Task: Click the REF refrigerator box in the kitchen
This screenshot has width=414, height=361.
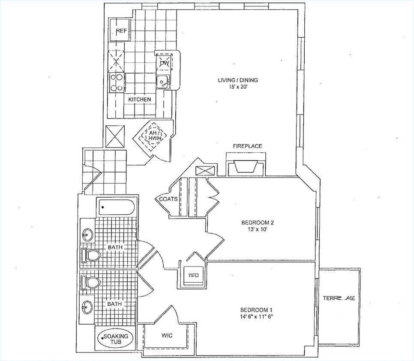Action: pyautogui.click(x=120, y=30)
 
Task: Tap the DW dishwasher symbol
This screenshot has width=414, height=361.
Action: pyautogui.click(x=165, y=63)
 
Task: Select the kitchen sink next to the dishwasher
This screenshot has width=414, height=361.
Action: pyautogui.click(x=163, y=81)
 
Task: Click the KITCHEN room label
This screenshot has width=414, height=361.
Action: pyautogui.click(x=140, y=99)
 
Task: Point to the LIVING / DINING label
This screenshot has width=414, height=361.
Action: pyautogui.click(x=238, y=80)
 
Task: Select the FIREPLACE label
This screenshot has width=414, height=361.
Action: pyautogui.click(x=247, y=146)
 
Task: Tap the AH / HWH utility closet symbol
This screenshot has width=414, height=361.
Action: pyautogui.click(x=153, y=136)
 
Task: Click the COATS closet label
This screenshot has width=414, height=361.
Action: pyautogui.click(x=168, y=199)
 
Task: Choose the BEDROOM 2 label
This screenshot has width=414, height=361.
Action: pyautogui.click(x=257, y=222)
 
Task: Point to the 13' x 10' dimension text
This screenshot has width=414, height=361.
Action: pyautogui.click(x=257, y=229)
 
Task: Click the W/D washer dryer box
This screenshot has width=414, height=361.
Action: pyautogui.click(x=192, y=275)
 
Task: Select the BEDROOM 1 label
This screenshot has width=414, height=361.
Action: pyautogui.click(x=256, y=310)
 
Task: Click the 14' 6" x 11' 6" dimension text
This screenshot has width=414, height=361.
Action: pyautogui.click(x=256, y=317)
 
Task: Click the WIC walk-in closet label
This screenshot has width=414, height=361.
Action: pyautogui.click(x=167, y=335)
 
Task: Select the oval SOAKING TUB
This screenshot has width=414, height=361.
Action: pyautogui.click(x=115, y=339)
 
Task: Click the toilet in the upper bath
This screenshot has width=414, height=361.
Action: pyautogui.click(x=91, y=256)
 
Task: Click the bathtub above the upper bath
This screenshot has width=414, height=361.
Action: pyautogui.click(x=116, y=208)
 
